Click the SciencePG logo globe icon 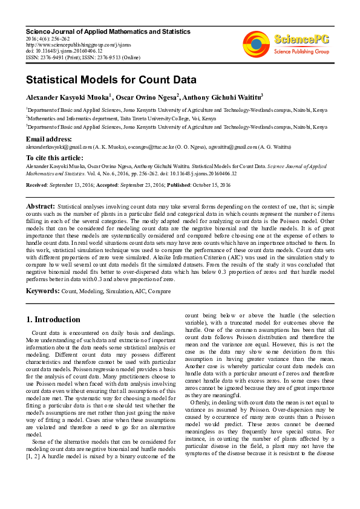pyautogui.click(x=256, y=42)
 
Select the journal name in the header pyautogui.click(x=108, y=31)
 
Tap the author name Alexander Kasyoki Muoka pyautogui.click(x=67, y=97)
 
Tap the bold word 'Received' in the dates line pyautogui.click(x=37, y=184)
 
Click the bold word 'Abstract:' pyautogui.click(x=41, y=207)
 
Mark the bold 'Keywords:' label pyautogui.click(x=42, y=291)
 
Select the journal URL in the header pyautogui.click(x=77, y=44)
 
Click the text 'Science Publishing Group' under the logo pyautogui.click(x=301, y=51)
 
